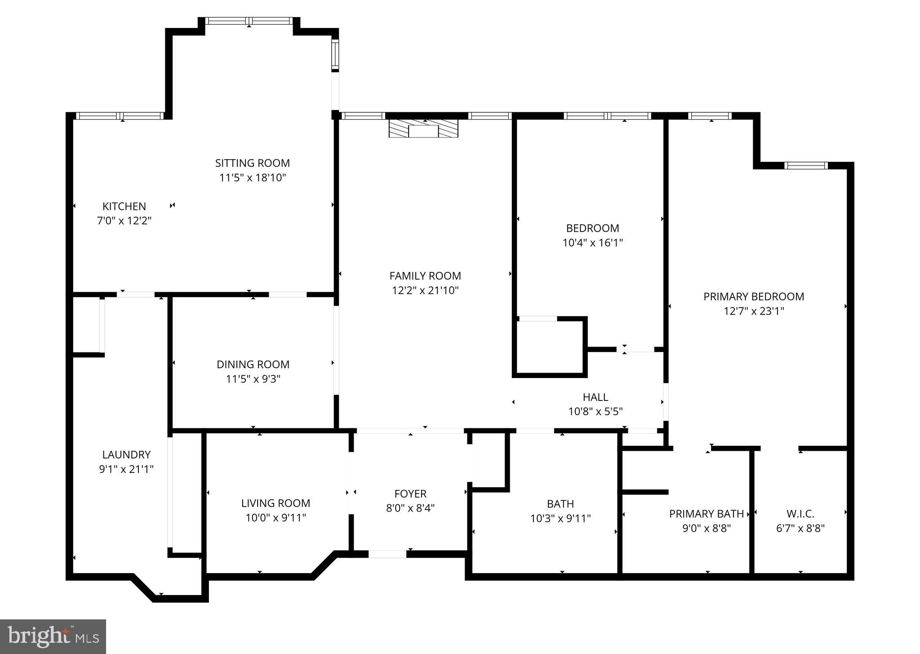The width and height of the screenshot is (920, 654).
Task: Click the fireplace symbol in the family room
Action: tap(423, 129)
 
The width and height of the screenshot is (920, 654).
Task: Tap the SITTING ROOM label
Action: tap(252, 163)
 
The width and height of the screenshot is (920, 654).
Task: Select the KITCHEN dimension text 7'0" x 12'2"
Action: tap(124, 221)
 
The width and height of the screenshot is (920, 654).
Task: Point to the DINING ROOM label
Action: tap(253, 365)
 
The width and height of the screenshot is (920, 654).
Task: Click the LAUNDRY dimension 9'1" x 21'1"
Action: tap(126, 469)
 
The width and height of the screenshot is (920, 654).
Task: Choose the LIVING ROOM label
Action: tap(276, 503)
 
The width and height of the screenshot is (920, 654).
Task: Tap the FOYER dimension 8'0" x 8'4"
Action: tap(410, 508)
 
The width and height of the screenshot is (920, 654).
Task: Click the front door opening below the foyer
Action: tap(387, 554)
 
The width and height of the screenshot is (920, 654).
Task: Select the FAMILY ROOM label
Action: tap(425, 276)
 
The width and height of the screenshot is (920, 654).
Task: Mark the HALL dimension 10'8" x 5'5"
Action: tap(595, 412)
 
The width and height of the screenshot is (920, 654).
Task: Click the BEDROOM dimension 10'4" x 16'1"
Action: tap(592, 243)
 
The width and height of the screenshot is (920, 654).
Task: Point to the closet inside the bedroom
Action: tap(549, 347)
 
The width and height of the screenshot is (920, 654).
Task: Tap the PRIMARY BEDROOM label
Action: tap(753, 297)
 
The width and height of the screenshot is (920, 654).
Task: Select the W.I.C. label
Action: tap(800, 514)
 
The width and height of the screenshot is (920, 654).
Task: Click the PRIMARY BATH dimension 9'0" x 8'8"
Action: tap(707, 528)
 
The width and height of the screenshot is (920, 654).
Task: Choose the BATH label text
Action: tap(560, 504)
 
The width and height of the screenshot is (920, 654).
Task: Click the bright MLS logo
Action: tap(53, 636)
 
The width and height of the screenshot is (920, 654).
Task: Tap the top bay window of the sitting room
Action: tap(249, 21)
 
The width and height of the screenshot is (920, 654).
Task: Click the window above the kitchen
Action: tap(120, 116)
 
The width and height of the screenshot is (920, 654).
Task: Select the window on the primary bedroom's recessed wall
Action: tap(806, 165)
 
